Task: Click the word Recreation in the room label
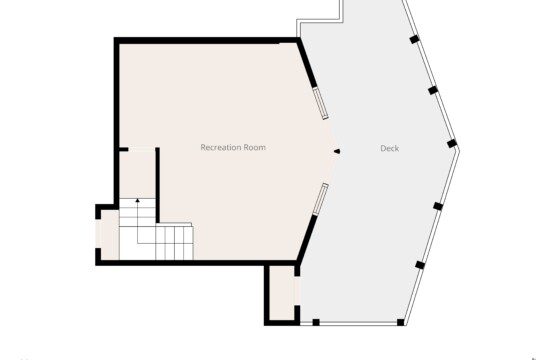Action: [x=218, y=147]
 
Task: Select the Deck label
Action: [x=390, y=148]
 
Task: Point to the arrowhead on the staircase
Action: [x=137, y=201]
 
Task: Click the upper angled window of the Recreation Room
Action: [x=321, y=104]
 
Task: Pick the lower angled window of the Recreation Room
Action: [x=321, y=199]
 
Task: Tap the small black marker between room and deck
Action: [x=337, y=152]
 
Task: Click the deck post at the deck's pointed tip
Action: [x=452, y=144]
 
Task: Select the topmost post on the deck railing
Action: [x=414, y=39]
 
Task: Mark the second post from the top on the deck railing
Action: [x=433, y=90]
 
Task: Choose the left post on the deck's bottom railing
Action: [x=316, y=322]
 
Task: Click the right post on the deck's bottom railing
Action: [x=401, y=322]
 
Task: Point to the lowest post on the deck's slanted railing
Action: [x=420, y=265]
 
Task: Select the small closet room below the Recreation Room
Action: [x=282, y=293]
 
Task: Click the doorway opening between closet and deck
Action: [x=297, y=291]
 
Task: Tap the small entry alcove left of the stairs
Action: [x=110, y=234]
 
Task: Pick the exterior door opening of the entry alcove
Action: [x=98, y=234]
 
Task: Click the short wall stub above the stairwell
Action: [x=124, y=150]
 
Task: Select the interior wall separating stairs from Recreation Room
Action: [x=158, y=185]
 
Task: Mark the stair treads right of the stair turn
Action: [x=174, y=243]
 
